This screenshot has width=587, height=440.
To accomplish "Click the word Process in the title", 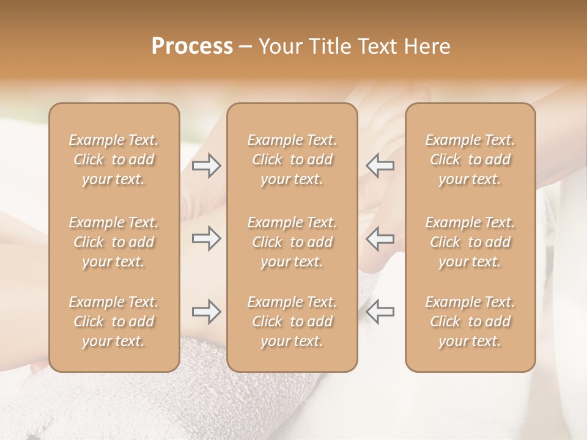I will [x=192, y=46].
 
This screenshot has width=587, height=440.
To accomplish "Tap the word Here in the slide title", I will [x=426, y=46].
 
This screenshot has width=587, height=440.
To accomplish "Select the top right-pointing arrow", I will [x=206, y=166].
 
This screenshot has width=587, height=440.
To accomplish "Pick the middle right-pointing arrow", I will [x=206, y=238].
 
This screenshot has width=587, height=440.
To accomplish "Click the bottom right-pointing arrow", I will [x=206, y=312].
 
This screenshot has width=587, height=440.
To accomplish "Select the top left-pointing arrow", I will [x=380, y=166].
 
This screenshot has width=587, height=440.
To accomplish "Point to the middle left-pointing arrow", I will [x=380, y=238].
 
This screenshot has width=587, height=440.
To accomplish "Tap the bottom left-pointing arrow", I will [x=380, y=312].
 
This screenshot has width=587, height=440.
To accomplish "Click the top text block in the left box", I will [x=114, y=159].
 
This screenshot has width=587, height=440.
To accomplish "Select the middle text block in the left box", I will [x=114, y=242].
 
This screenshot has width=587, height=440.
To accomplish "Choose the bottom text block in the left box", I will [x=114, y=321].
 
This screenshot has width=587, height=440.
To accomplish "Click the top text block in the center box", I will [x=292, y=159].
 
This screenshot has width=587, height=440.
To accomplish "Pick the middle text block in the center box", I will [x=292, y=242].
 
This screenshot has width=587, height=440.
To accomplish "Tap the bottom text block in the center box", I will [x=292, y=321].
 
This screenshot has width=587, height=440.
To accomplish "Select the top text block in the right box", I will [x=470, y=159].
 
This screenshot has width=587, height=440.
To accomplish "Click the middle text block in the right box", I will [x=470, y=242].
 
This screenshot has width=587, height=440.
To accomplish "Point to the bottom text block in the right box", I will [x=470, y=321].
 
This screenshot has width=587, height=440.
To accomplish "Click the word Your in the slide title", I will [x=278, y=46].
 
